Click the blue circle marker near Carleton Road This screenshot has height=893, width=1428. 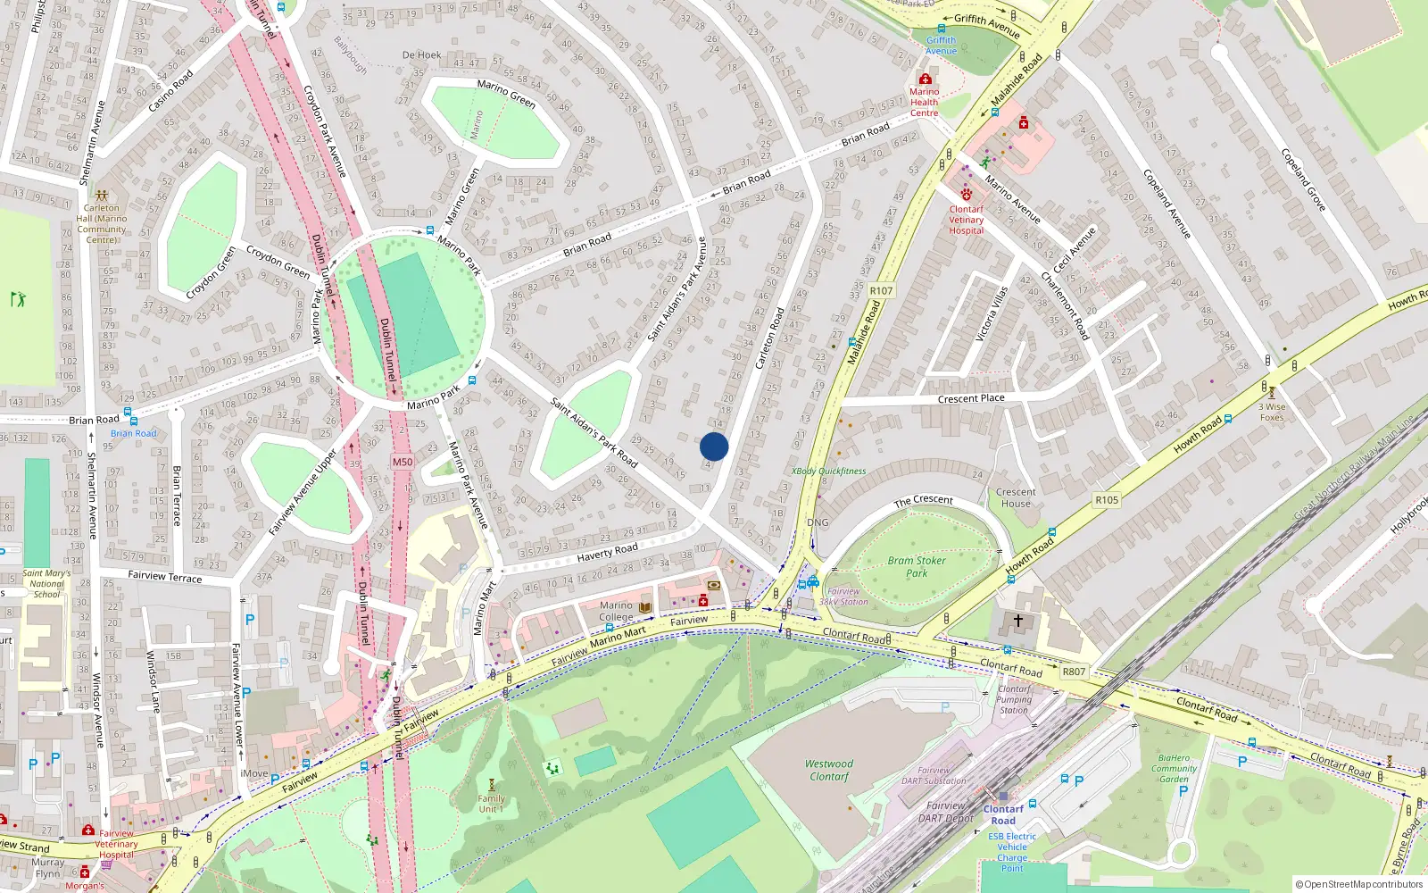(714, 446)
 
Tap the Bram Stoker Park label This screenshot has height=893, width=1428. (917, 567)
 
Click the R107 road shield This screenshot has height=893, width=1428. (881, 290)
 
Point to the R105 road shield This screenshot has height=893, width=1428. (1107, 500)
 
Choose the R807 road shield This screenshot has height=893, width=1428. (1074, 672)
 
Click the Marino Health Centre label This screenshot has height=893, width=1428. (925, 102)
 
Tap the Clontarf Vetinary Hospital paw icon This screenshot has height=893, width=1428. (966, 193)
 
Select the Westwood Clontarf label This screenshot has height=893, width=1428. (829, 770)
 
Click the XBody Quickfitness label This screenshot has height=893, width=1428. (828, 471)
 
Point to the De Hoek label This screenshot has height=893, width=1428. (421, 55)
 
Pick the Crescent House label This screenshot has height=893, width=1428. (1016, 497)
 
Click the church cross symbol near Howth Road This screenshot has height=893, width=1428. (1017, 620)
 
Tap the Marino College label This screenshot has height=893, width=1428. (616, 611)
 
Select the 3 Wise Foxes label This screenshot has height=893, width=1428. (1272, 412)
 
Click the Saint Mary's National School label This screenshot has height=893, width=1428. (46, 584)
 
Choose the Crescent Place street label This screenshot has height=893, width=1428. (971, 398)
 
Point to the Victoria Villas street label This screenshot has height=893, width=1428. (992, 313)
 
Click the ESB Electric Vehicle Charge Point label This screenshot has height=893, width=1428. (1012, 852)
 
